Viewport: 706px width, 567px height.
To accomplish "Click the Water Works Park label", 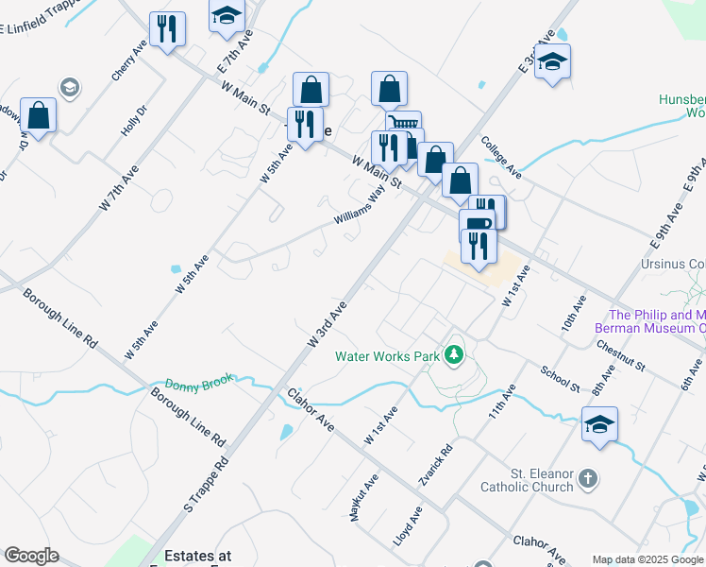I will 387,356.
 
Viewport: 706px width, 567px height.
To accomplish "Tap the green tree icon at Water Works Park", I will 456,354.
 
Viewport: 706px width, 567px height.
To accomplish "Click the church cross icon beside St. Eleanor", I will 588,478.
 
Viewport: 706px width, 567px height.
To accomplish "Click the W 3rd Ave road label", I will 328,323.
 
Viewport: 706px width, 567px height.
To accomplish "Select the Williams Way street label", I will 359,207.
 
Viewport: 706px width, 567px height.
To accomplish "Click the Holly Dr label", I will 133,121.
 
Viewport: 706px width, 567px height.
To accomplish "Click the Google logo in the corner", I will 31,556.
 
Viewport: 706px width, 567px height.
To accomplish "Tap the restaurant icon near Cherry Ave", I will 167,28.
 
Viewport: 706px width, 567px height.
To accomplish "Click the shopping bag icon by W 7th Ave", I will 39,115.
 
